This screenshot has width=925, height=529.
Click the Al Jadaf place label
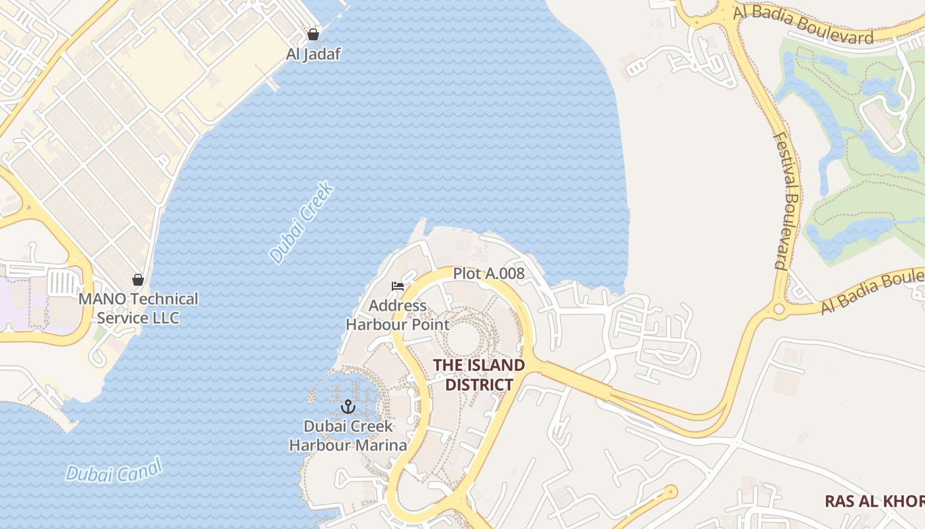coord(313,54)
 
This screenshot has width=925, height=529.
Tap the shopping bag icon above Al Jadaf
coord(313,34)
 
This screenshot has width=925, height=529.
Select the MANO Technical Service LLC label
coord(138,308)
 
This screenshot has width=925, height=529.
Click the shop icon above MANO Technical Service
coord(138,280)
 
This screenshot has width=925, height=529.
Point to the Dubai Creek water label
coord(302,224)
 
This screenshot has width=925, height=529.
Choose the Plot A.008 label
coord(488,273)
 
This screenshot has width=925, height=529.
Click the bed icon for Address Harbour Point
coord(397,286)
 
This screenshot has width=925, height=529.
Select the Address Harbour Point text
coord(398,315)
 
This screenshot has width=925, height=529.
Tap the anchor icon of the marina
coord(348,407)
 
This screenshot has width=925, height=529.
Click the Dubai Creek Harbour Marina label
coord(348,436)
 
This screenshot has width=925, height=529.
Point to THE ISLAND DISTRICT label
coord(479,374)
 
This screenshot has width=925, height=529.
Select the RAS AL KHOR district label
coord(874,501)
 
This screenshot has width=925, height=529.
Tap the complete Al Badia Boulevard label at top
coord(803,28)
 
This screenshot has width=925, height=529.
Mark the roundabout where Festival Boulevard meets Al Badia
coord(779,308)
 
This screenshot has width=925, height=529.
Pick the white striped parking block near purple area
coord(63,283)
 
